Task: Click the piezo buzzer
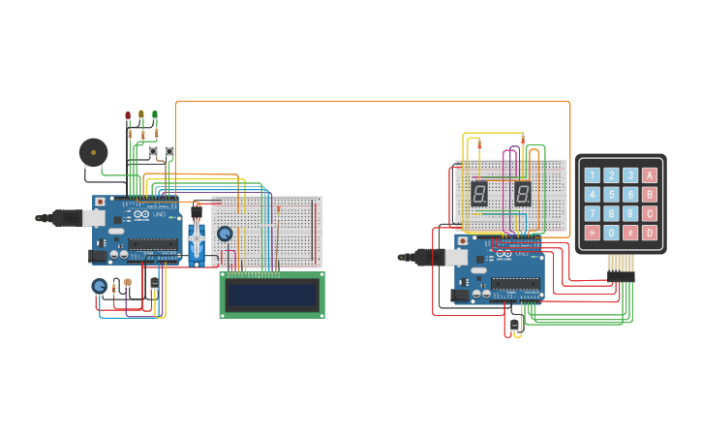pos(93,152)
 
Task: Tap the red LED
pos(128,115)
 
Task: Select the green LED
pos(155,114)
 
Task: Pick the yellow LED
pos(141,114)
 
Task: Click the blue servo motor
pos(197,237)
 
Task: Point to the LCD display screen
pos(271,295)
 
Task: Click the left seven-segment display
pos(478,194)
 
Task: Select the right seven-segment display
pos(523,194)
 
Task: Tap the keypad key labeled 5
pos(611,195)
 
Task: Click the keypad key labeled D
pos(649,233)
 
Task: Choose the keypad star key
pos(592,233)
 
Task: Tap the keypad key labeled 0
pos(611,233)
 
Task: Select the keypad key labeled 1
pos(592,175)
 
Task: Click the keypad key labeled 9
pos(630,213)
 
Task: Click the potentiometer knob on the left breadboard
pos(225,234)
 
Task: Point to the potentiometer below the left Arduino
pos(99,286)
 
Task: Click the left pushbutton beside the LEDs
pos(152,151)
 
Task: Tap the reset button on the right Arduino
pos(463,240)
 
